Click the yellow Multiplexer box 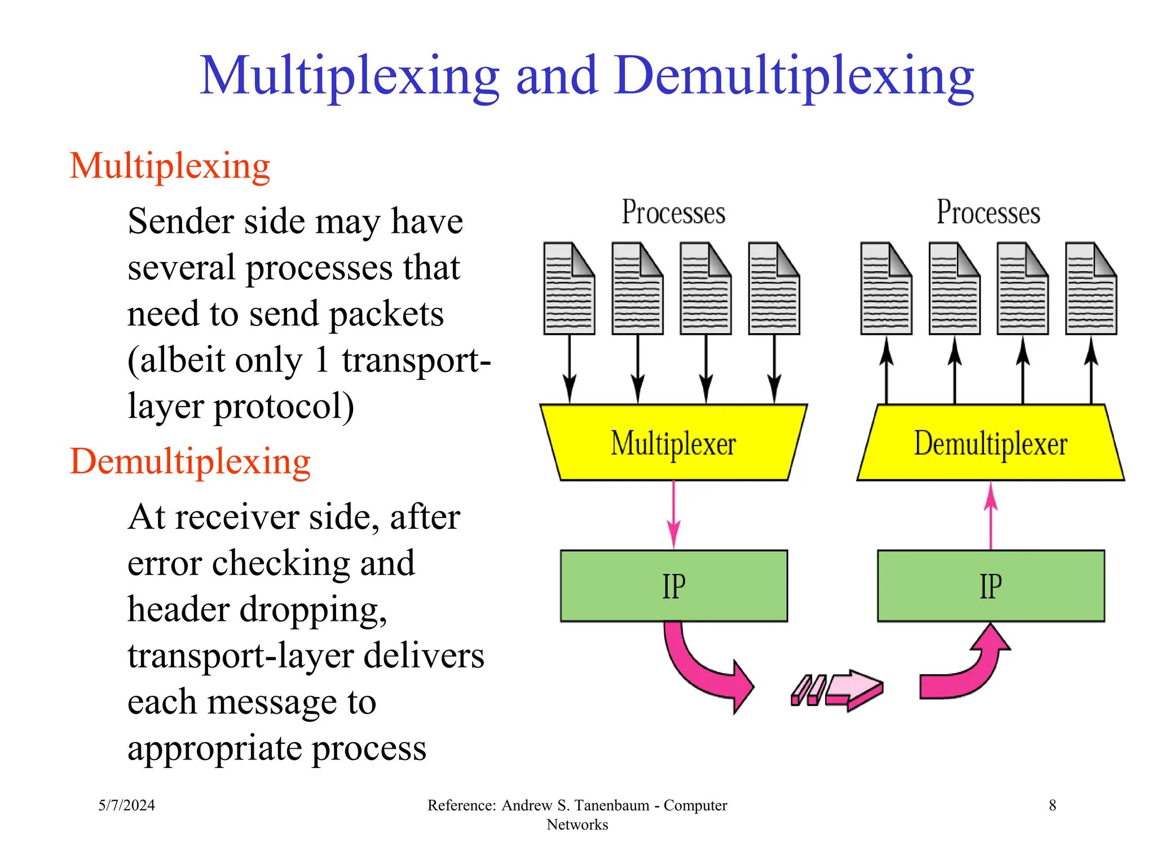(x=673, y=443)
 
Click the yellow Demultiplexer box (x=990, y=443)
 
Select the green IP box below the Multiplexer (x=673, y=586)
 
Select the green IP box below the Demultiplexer (x=990, y=586)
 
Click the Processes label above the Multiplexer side (x=673, y=213)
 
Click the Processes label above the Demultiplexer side (x=988, y=213)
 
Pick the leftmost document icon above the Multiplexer (x=568, y=289)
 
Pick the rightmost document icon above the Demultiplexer (x=1091, y=289)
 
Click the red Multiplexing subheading (x=170, y=166)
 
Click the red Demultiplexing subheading (x=190, y=462)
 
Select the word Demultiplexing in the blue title (x=795, y=76)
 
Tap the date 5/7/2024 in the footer (x=126, y=805)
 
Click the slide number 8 (x=1052, y=805)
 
